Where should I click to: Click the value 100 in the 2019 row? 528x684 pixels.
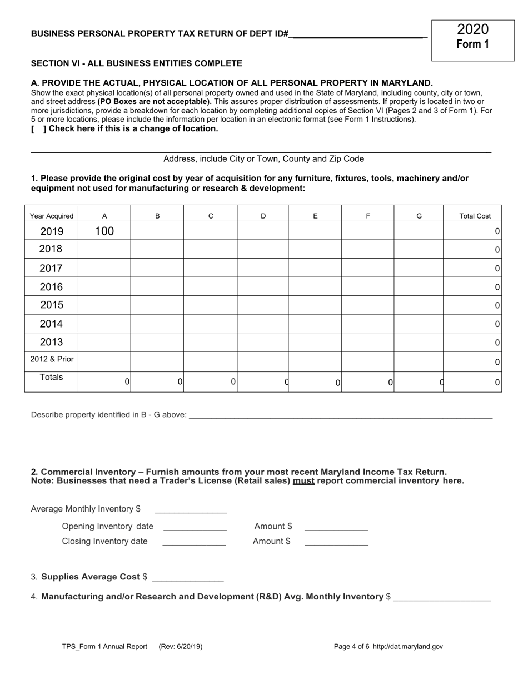[x=104, y=231]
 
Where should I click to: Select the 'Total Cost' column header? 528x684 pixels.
[x=475, y=216]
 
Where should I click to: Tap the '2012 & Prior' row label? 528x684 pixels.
[x=52, y=359]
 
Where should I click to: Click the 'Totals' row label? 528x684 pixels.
[x=51, y=377]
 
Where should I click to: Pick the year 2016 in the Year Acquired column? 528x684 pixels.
[x=51, y=287]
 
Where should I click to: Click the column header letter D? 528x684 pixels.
[x=263, y=216]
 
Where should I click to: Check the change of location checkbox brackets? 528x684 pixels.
[x=38, y=129]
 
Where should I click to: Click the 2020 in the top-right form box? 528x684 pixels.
[x=472, y=29]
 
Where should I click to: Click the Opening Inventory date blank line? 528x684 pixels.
[x=195, y=527]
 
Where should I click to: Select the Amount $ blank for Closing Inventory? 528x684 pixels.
[x=336, y=542]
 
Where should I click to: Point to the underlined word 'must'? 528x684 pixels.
[x=303, y=481]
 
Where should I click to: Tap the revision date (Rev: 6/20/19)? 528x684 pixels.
[x=181, y=647]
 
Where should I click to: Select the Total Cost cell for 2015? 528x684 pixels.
[x=472, y=305]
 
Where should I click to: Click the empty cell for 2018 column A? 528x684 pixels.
[x=104, y=249]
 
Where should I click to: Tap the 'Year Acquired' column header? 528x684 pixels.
[x=51, y=216]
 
